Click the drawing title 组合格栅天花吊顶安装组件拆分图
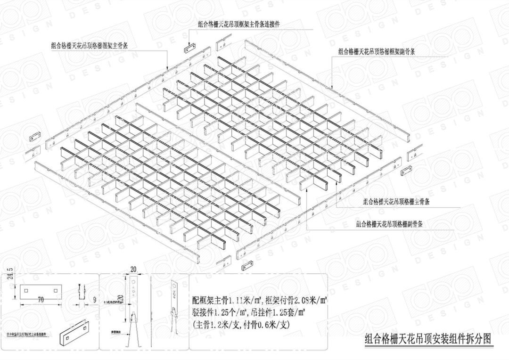pyautogui.click(x=428, y=339)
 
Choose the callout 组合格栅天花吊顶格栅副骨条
pyautogui.click(x=389, y=224)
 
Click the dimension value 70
pyautogui.click(x=41, y=299)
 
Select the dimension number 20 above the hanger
pyautogui.click(x=133, y=269)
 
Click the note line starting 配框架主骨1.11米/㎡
pyautogui.click(x=260, y=300)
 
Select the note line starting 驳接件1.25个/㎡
pyautogui.click(x=248, y=312)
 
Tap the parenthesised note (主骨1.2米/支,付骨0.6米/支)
pyautogui.click(x=241, y=325)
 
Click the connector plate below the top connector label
pyautogui.click(x=190, y=48)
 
